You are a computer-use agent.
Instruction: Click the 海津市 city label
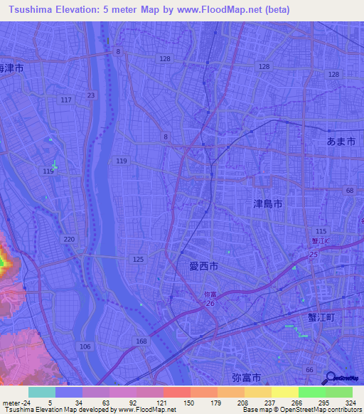(x=12, y=69)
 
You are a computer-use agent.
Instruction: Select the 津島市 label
(x=268, y=203)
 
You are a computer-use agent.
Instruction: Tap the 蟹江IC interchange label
(x=320, y=242)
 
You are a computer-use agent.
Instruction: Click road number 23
(x=90, y=95)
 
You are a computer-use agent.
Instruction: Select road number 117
(x=66, y=99)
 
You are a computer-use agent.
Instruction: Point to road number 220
(x=69, y=239)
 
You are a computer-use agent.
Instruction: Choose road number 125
(x=138, y=260)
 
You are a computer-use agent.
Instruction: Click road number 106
(x=85, y=346)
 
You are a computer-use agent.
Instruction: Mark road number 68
(x=349, y=191)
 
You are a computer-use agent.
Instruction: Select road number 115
(x=321, y=232)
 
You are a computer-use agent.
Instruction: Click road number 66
(x=309, y=370)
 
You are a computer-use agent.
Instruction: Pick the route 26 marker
(x=210, y=304)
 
